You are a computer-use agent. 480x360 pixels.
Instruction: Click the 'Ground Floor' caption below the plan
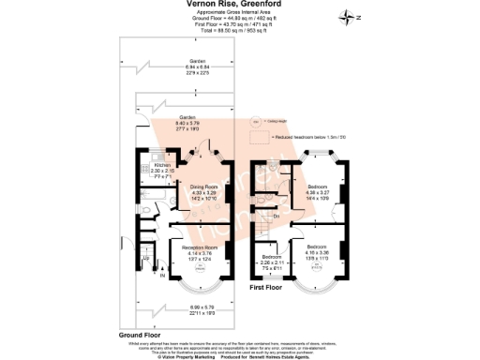pyautogui.click(x=140, y=334)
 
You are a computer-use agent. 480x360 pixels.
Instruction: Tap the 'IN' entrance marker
pyautogui.click(x=161, y=276)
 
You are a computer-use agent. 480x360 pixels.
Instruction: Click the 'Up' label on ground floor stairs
pyautogui.click(x=146, y=257)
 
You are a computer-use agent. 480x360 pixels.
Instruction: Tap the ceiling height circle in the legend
pyautogui.click(x=252, y=121)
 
